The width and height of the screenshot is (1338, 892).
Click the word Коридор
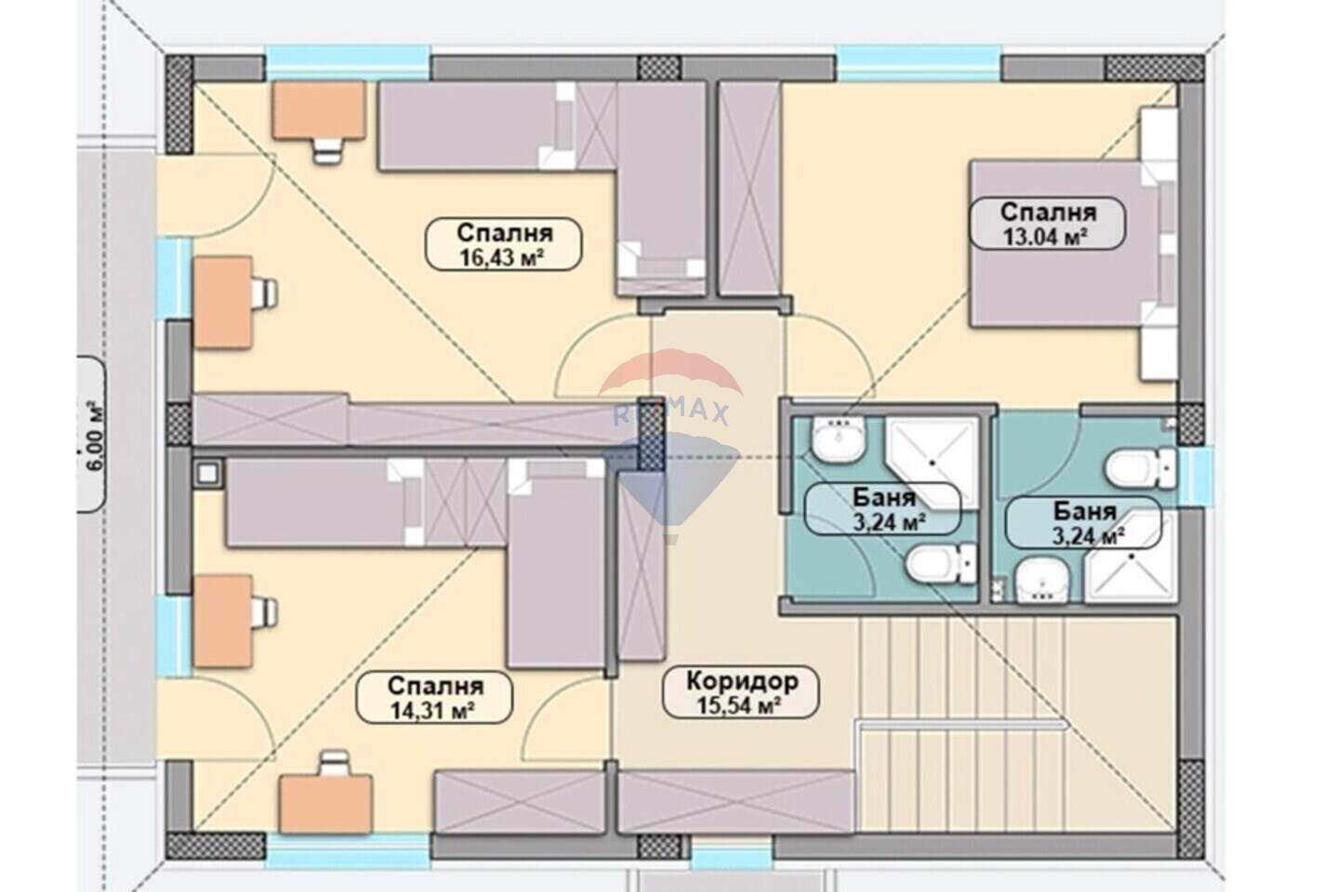[742, 681]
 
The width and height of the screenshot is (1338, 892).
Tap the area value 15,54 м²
[739, 706]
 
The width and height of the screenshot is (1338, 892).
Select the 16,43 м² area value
[501, 258]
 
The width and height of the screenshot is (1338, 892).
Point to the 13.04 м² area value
[1045, 237]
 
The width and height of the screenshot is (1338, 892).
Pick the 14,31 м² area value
[433, 711]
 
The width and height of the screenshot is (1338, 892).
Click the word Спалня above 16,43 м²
[505, 233]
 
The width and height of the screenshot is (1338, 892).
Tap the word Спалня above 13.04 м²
[1048, 212]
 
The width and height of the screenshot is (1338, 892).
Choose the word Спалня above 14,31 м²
[435, 686]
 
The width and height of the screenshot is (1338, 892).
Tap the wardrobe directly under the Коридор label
[735, 801]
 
